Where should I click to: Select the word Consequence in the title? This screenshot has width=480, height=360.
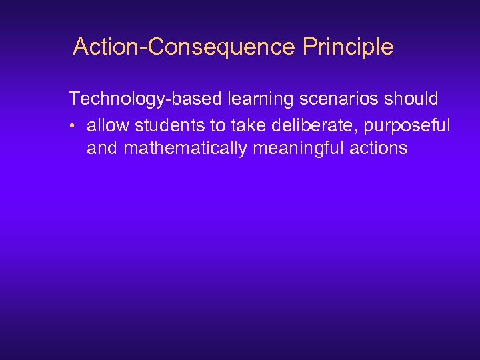click(x=219, y=47)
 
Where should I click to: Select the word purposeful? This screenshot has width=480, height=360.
click(x=408, y=124)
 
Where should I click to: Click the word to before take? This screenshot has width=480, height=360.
click(x=217, y=124)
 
